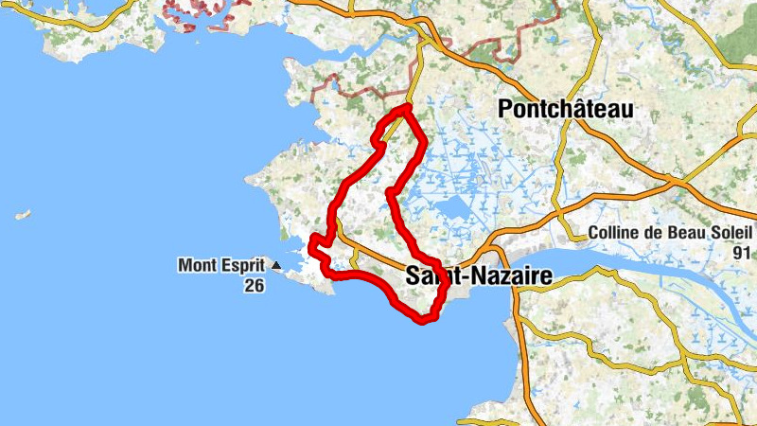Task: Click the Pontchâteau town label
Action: coord(565,110)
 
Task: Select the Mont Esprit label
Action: coord(222,266)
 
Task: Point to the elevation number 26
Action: coord(253,285)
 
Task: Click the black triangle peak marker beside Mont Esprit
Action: coord(276,266)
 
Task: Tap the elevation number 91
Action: coord(741,253)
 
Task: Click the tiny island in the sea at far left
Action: coord(23,215)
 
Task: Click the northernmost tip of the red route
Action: coord(406,108)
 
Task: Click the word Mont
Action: coord(196,266)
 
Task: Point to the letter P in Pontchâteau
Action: coord(505,110)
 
